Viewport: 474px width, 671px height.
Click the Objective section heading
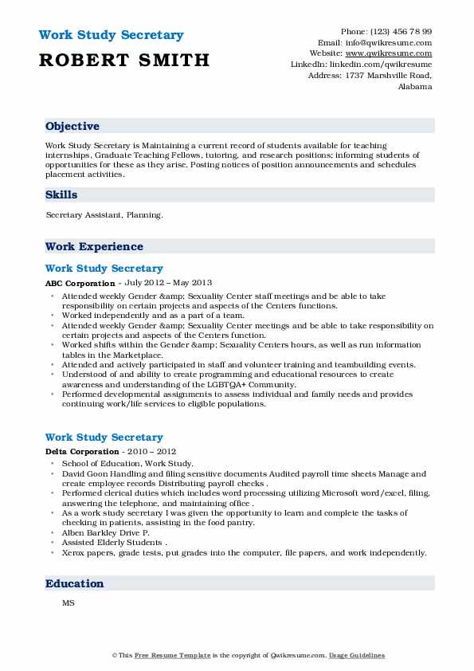pyautogui.click(x=72, y=126)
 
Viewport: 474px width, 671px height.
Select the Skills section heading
pyautogui.click(x=61, y=194)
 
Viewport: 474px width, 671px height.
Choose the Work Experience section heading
pyautogui.click(x=94, y=246)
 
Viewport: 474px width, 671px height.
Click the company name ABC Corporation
pyautogui.click(x=80, y=283)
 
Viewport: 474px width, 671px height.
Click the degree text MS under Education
pyautogui.click(x=68, y=603)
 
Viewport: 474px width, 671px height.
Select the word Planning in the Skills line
pyautogui.click(x=146, y=214)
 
